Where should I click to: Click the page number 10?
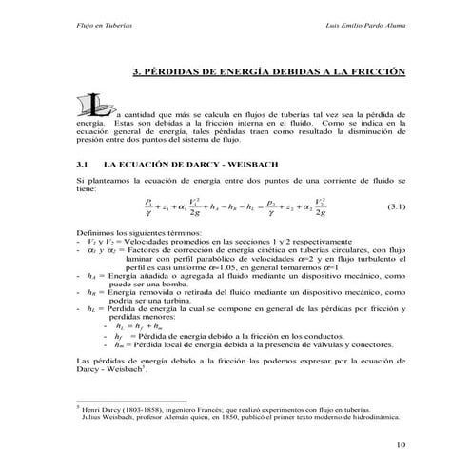(400, 443)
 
